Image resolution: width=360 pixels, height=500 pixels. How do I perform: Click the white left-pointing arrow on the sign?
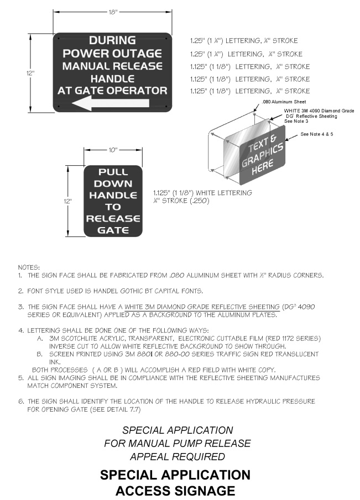[113, 103]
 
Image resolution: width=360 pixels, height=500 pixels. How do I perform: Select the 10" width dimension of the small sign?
[113, 150]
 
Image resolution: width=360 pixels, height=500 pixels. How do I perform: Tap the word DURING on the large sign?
[112, 40]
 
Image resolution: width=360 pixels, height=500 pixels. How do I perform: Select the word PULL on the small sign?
[113, 172]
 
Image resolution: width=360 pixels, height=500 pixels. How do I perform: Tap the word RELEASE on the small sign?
[113, 218]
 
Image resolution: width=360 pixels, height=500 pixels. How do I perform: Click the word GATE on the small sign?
[113, 230]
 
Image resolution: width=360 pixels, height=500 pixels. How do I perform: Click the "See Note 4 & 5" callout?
[317, 134]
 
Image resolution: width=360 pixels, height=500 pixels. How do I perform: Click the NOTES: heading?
[29, 267]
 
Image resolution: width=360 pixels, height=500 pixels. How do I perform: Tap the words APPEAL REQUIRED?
[177, 457]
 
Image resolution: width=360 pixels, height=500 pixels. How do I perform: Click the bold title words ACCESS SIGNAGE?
[175, 491]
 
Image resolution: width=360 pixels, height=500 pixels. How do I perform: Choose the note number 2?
[20, 291]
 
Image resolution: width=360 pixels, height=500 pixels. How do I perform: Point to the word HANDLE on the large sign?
[112, 78]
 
